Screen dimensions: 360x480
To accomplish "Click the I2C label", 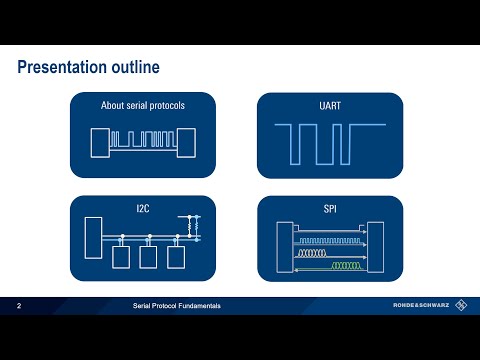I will [143, 207].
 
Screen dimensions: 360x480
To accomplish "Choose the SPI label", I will [330, 207].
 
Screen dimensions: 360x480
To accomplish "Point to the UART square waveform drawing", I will [330, 141].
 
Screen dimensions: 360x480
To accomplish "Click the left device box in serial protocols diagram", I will [100, 143].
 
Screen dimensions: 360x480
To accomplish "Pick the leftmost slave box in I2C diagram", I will [123, 257].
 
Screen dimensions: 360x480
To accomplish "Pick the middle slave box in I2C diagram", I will [150, 257].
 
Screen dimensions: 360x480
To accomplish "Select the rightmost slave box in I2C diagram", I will [177, 257].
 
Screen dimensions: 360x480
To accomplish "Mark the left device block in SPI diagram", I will [283, 245].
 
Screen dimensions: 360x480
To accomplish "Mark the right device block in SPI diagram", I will [377, 245].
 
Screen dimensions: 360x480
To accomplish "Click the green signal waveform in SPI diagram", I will [346, 265].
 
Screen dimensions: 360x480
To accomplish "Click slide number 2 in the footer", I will [19, 304].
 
